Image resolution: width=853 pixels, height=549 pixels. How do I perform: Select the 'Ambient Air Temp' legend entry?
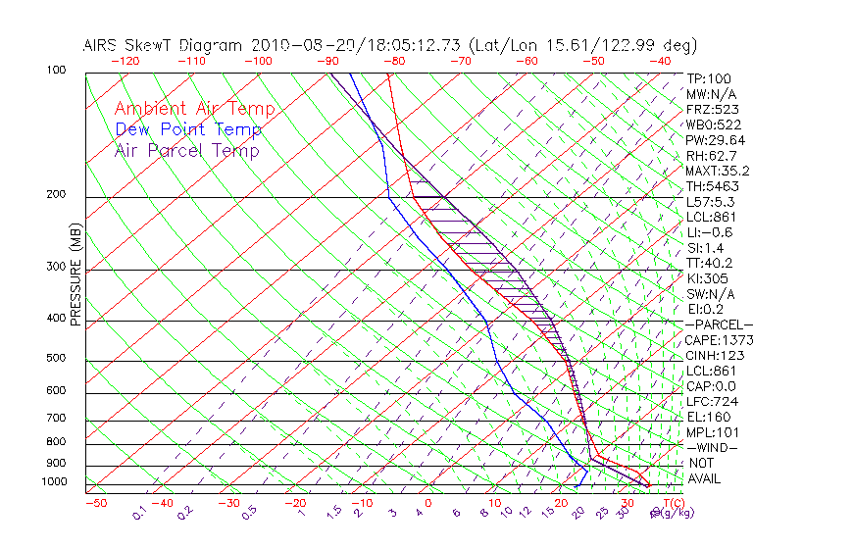194,109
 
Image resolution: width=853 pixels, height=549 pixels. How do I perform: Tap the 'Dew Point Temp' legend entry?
188,129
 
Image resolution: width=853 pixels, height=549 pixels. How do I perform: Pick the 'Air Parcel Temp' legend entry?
186,150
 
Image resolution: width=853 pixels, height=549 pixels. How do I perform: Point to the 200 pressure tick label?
57,195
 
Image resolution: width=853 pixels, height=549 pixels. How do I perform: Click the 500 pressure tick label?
57,359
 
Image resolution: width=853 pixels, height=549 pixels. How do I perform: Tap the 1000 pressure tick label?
55,482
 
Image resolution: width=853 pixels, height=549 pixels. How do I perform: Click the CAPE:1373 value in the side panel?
720,340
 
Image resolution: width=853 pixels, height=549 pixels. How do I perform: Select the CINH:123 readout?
716,355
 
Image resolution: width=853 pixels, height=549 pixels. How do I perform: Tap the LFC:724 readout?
713,402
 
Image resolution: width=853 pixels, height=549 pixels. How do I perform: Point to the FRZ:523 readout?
713,109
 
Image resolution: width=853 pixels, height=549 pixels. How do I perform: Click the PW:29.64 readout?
716,139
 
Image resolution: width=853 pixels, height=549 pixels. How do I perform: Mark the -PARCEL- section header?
720,324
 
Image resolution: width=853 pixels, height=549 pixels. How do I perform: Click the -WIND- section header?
713,447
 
